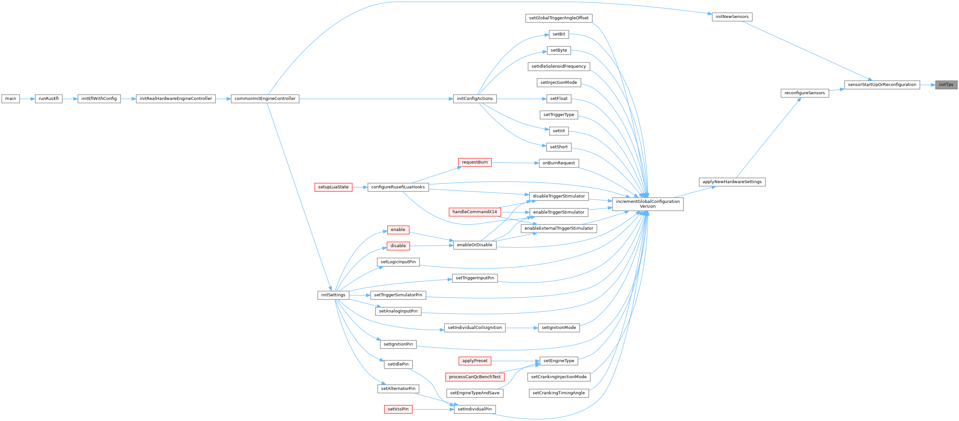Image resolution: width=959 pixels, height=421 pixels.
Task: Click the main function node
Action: click(10, 99)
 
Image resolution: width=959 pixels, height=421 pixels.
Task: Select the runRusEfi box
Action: click(48, 99)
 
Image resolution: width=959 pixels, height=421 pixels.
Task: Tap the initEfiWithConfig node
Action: click(99, 99)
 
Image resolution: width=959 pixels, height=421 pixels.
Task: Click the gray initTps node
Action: click(946, 85)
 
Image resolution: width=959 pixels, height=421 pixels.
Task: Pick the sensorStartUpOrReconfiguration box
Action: click(882, 85)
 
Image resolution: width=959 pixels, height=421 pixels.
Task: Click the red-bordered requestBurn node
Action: click(474, 162)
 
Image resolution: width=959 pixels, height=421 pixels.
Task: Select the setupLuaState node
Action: click(333, 187)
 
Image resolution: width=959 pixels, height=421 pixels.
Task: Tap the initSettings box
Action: click(333, 295)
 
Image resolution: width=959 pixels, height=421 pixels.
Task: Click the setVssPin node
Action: click(398, 409)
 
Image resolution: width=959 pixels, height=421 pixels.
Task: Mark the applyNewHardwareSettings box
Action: click(732, 182)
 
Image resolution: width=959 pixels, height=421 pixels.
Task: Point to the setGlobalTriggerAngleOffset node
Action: click(558, 18)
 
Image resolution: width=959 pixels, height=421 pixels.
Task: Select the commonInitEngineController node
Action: click(265, 99)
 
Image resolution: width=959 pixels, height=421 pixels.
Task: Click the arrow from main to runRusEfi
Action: click(27, 99)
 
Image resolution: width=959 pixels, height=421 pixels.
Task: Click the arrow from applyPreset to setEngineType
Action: click(515, 361)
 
